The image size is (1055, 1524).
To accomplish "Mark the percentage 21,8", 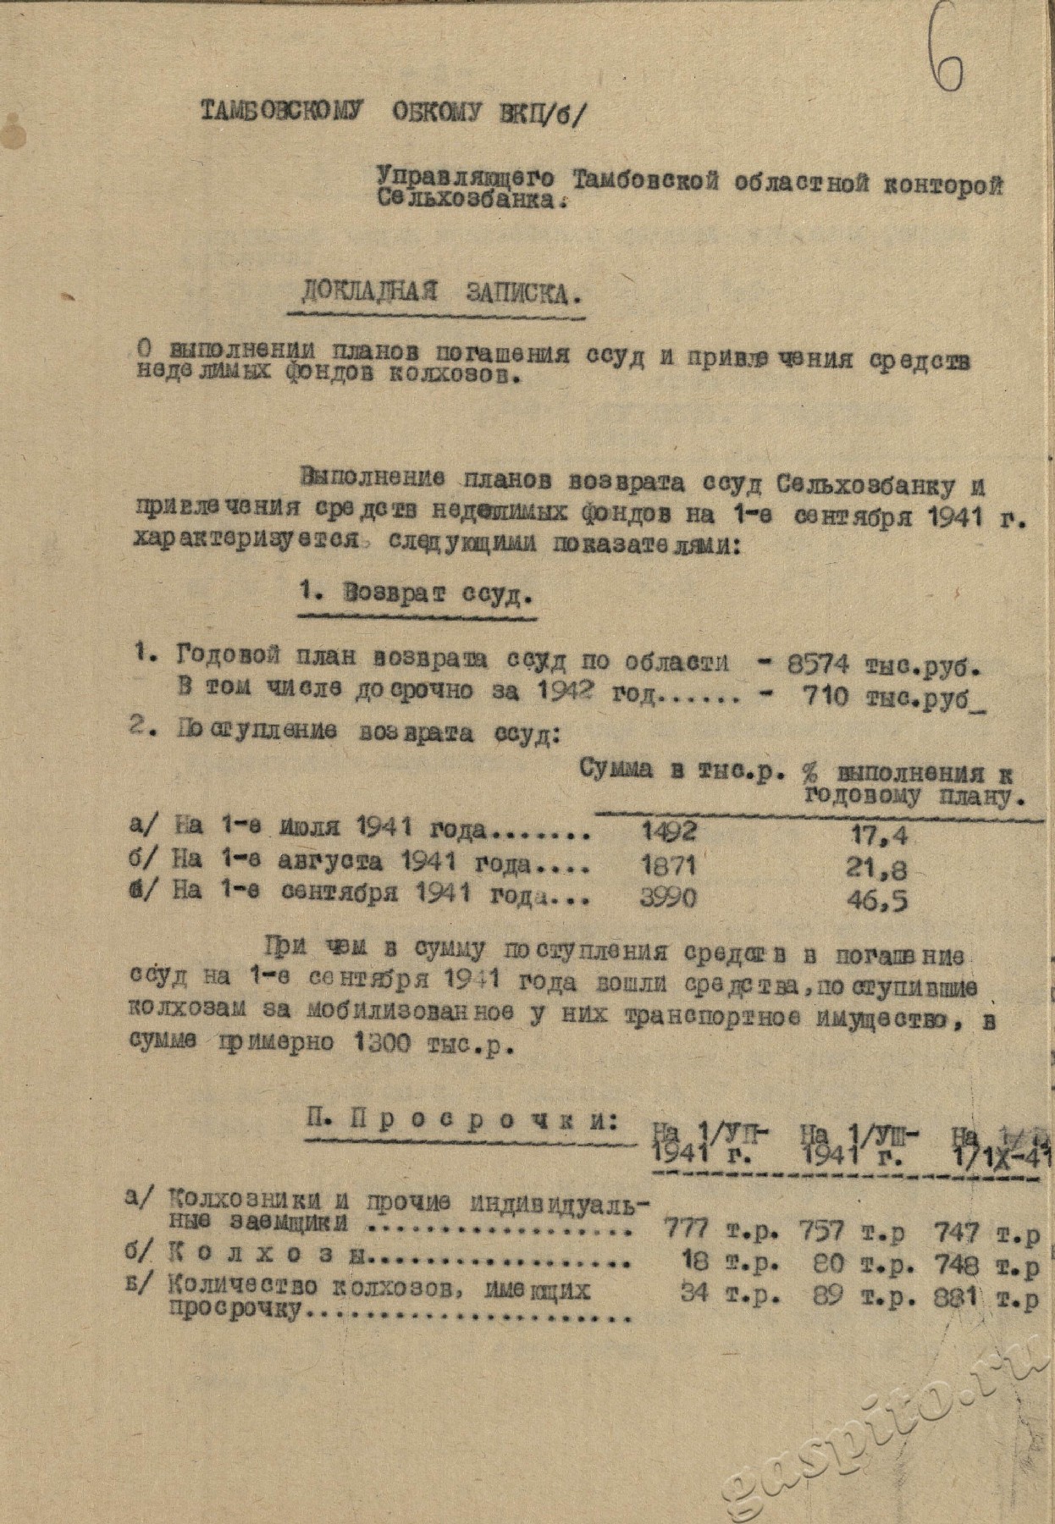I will (x=878, y=868).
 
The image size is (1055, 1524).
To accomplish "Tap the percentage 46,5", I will (x=878, y=901).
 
